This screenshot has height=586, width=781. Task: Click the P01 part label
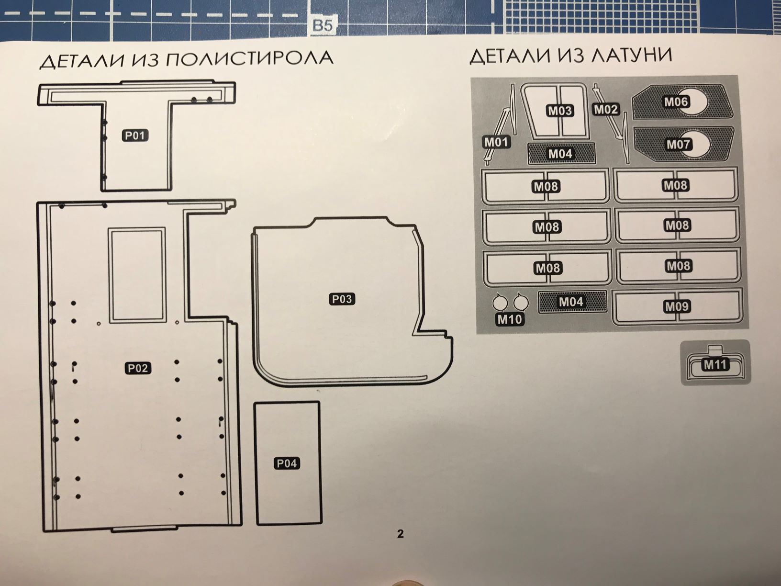click(134, 135)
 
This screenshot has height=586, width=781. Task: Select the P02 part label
click(138, 368)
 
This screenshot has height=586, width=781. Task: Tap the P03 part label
click(342, 299)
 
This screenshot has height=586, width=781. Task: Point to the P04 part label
click(287, 463)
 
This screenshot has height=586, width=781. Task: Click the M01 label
click(497, 142)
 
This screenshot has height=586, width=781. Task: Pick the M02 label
click(606, 110)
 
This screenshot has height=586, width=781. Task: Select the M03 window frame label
click(559, 111)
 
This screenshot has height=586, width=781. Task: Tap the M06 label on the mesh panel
click(676, 101)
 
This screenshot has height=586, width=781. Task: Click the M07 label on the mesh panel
click(678, 144)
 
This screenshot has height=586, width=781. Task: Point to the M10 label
click(510, 319)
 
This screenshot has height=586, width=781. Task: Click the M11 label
click(715, 365)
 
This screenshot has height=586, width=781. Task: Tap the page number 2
click(401, 533)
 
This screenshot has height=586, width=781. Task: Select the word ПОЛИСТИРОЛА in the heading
click(249, 59)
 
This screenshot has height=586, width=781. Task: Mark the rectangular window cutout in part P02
click(137, 274)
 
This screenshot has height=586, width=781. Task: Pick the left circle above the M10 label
click(500, 303)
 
